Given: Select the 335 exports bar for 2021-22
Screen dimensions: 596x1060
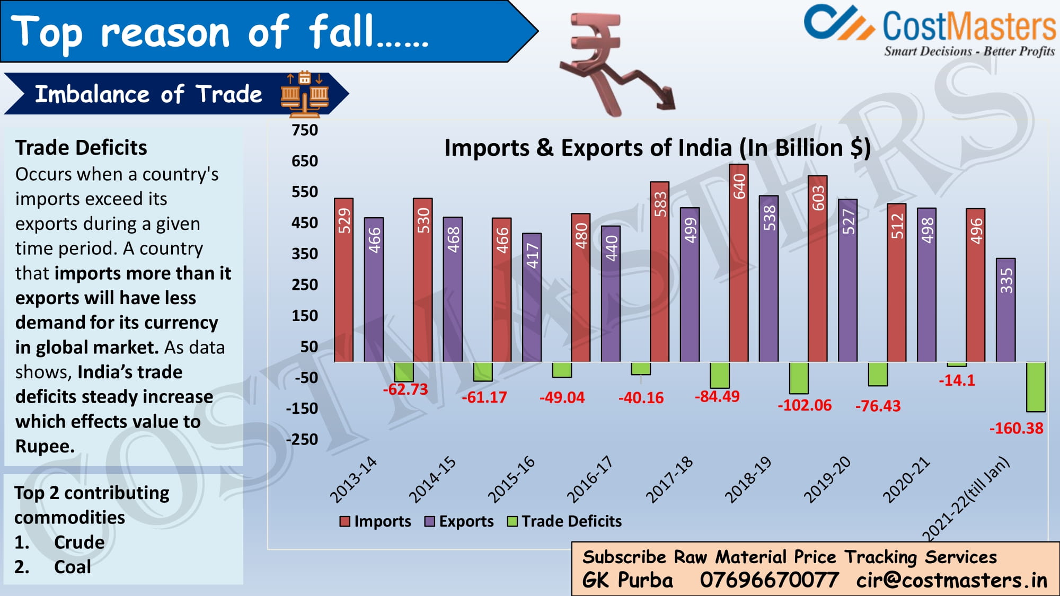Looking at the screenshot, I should (1005, 310).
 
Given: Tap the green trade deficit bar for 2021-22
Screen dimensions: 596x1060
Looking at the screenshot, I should (1036, 387).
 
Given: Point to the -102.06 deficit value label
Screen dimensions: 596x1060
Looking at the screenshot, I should (805, 405).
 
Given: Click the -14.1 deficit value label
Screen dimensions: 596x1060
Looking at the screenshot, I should (957, 380).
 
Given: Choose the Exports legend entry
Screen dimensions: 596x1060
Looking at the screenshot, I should (459, 521).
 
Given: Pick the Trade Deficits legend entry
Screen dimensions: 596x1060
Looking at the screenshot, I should (564, 521).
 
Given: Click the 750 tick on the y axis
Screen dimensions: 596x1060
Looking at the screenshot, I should (305, 130).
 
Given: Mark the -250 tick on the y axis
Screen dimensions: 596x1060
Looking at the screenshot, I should (302, 440).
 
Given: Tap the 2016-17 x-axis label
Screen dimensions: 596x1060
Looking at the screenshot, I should (589, 479).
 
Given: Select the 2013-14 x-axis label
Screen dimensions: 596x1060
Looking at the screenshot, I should (353, 479).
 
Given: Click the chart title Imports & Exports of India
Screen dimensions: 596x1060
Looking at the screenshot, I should (657, 148).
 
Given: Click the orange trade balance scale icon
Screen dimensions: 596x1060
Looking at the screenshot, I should (304, 94).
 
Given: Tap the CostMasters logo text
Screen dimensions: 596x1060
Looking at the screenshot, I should (968, 26).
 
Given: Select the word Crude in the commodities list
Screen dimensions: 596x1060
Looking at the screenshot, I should (79, 542).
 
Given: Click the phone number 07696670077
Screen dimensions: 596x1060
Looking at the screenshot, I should (769, 580).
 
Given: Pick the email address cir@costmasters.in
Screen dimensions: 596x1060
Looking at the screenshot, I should (951, 580).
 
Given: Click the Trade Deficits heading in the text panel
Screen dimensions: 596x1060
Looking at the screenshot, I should (81, 148).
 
